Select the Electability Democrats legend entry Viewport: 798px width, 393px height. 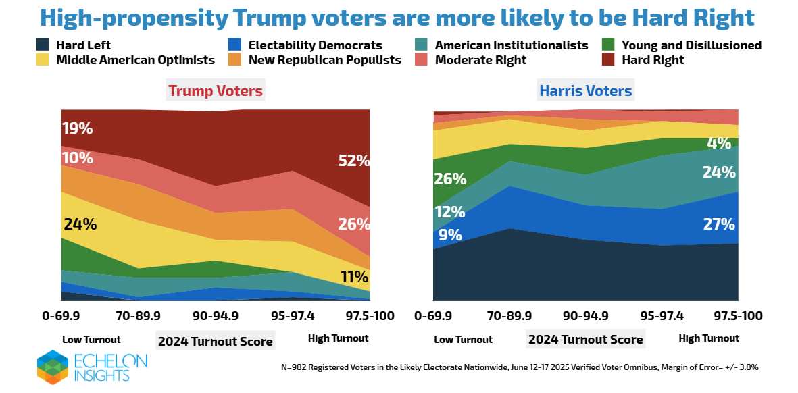[315, 46]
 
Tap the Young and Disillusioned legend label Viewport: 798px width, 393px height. [691, 46]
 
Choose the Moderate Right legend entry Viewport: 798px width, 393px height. [480, 60]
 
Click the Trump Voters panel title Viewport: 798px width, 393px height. [216, 90]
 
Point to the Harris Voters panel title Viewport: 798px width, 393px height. [585, 90]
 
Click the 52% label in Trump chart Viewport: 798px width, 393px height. [354, 161]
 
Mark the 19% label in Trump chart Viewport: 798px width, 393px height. [77, 128]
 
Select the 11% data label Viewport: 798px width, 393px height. [354, 276]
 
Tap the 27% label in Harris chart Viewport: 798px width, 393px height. [719, 224]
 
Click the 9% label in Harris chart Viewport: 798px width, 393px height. [450, 235]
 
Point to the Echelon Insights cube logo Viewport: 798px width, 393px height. [53, 367]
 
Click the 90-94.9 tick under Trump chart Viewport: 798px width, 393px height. [216, 315]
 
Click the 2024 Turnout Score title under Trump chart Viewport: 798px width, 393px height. [216, 341]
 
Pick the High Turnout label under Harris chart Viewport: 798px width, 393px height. [709, 338]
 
